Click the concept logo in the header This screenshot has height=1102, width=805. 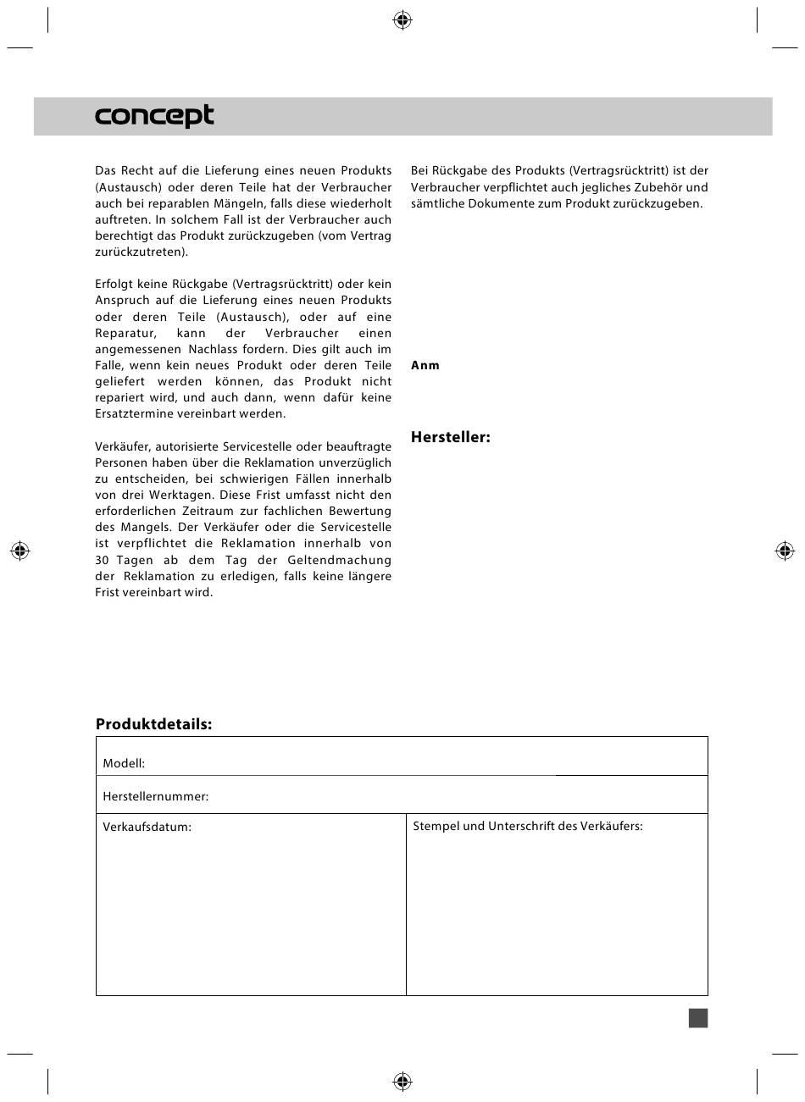(x=154, y=116)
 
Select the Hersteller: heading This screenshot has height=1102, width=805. (x=450, y=437)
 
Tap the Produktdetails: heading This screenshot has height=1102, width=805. (x=153, y=724)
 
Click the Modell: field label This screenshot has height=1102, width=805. (x=124, y=763)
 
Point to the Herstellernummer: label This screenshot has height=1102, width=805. (x=155, y=796)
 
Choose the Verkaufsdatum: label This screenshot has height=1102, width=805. (x=147, y=827)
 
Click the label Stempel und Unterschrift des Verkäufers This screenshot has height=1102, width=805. (x=527, y=826)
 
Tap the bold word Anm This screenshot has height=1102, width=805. (x=425, y=365)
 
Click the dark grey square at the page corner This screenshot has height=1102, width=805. (x=698, y=1017)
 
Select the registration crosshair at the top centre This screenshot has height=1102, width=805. (x=402, y=20)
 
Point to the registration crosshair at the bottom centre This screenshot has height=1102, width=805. (x=402, y=1081)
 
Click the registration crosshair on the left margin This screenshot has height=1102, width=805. (x=20, y=551)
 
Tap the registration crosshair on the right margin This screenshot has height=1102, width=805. (x=785, y=551)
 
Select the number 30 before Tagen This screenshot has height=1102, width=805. (x=103, y=560)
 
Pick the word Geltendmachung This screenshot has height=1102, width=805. (x=339, y=560)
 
